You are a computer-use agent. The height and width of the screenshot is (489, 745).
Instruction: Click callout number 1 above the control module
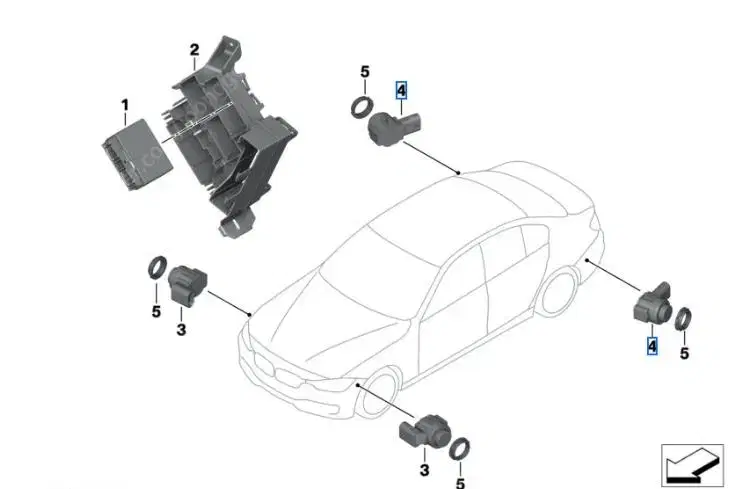(x=125, y=105)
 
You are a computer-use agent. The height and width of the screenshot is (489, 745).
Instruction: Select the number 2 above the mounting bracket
(x=194, y=50)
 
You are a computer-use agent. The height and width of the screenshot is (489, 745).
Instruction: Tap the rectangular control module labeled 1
(x=137, y=154)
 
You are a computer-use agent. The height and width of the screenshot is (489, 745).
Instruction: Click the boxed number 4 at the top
(x=401, y=90)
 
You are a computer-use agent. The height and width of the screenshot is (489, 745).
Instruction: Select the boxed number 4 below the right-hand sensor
(x=652, y=345)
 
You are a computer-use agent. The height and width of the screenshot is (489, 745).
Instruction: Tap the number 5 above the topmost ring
(x=364, y=72)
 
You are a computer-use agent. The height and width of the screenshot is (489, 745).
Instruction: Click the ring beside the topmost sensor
(x=362, y=106)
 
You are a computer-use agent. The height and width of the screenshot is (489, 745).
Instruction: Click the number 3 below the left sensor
(x=181, y=329)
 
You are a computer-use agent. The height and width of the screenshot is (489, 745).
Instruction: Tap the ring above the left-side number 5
(x=157, y=268)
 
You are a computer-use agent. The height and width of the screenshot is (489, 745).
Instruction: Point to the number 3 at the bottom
(x=424, y=470)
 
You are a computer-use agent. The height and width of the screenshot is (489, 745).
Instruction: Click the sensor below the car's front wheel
(x=424, y=432)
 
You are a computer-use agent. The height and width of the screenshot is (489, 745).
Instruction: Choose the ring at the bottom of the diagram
(x=460, y=448)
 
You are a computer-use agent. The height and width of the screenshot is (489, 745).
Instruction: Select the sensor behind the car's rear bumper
(x=653, y=303)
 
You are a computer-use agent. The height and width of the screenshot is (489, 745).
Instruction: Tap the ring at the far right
(x=683, y=319)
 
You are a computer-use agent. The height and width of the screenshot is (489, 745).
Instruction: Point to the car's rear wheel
(x=559, y=291)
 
